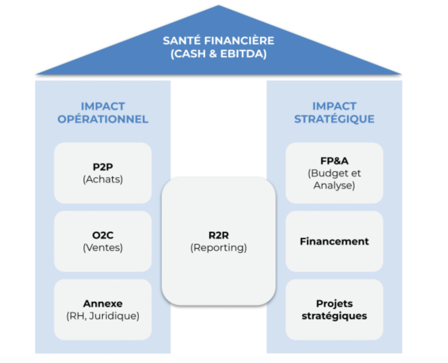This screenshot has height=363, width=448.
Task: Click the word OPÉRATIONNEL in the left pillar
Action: (x=103, y=119)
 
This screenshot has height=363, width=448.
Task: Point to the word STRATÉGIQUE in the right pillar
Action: (x=334, y=119)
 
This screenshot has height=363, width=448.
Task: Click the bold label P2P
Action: (x=103, y=167)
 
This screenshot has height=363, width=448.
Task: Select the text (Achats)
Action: (x=103, y=179)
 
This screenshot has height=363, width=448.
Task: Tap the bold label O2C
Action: (x=103, y=235)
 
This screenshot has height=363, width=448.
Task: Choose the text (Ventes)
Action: (x=103, y=248)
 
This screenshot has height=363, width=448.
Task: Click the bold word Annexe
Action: (x=103, y=304)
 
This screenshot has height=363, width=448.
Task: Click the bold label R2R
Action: (x=219, y=235)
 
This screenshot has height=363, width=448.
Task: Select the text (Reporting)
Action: (x=219, y=248)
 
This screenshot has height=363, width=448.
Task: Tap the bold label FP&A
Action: (x=334, y=161)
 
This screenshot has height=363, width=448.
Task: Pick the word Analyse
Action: (x=334, y=185)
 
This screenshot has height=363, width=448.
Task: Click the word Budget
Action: (x=330, y=173)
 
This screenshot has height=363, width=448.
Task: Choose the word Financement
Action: (x=334, y=241)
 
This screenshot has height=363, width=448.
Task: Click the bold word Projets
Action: (x=334, y=304)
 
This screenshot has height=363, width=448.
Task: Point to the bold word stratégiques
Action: (x=334, y=316)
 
